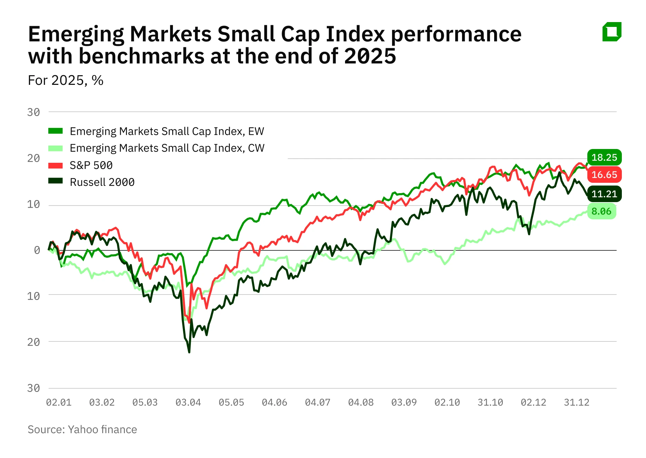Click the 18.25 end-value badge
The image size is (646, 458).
[x=604, y=157]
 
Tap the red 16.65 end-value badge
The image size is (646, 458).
[x=604, y=175]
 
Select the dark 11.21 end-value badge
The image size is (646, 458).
[x=604, y=194]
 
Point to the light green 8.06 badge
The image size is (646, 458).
[x=601, y=211]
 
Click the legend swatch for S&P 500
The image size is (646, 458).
[x=55, y=165]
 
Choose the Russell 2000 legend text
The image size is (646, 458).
[x=102, y=182]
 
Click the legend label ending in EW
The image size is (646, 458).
[x=167, y=131]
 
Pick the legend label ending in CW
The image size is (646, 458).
[x=167, y=148]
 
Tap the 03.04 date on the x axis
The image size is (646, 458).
[x=188, y=402]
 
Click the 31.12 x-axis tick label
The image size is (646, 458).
[x=576, y=402]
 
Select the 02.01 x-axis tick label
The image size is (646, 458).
[x=59, y=402]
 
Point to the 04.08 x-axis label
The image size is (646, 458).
[x=361, y=402]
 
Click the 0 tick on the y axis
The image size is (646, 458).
[x=37, y=250]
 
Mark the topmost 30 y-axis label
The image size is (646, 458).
[x=33, y=112]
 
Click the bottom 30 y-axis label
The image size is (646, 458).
[x=33, y=388]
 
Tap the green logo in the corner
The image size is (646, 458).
[x=612, y=32]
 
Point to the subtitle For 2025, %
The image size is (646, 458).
[x=66, y=80]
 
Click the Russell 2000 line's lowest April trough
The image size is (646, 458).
[x=189, y=352]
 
